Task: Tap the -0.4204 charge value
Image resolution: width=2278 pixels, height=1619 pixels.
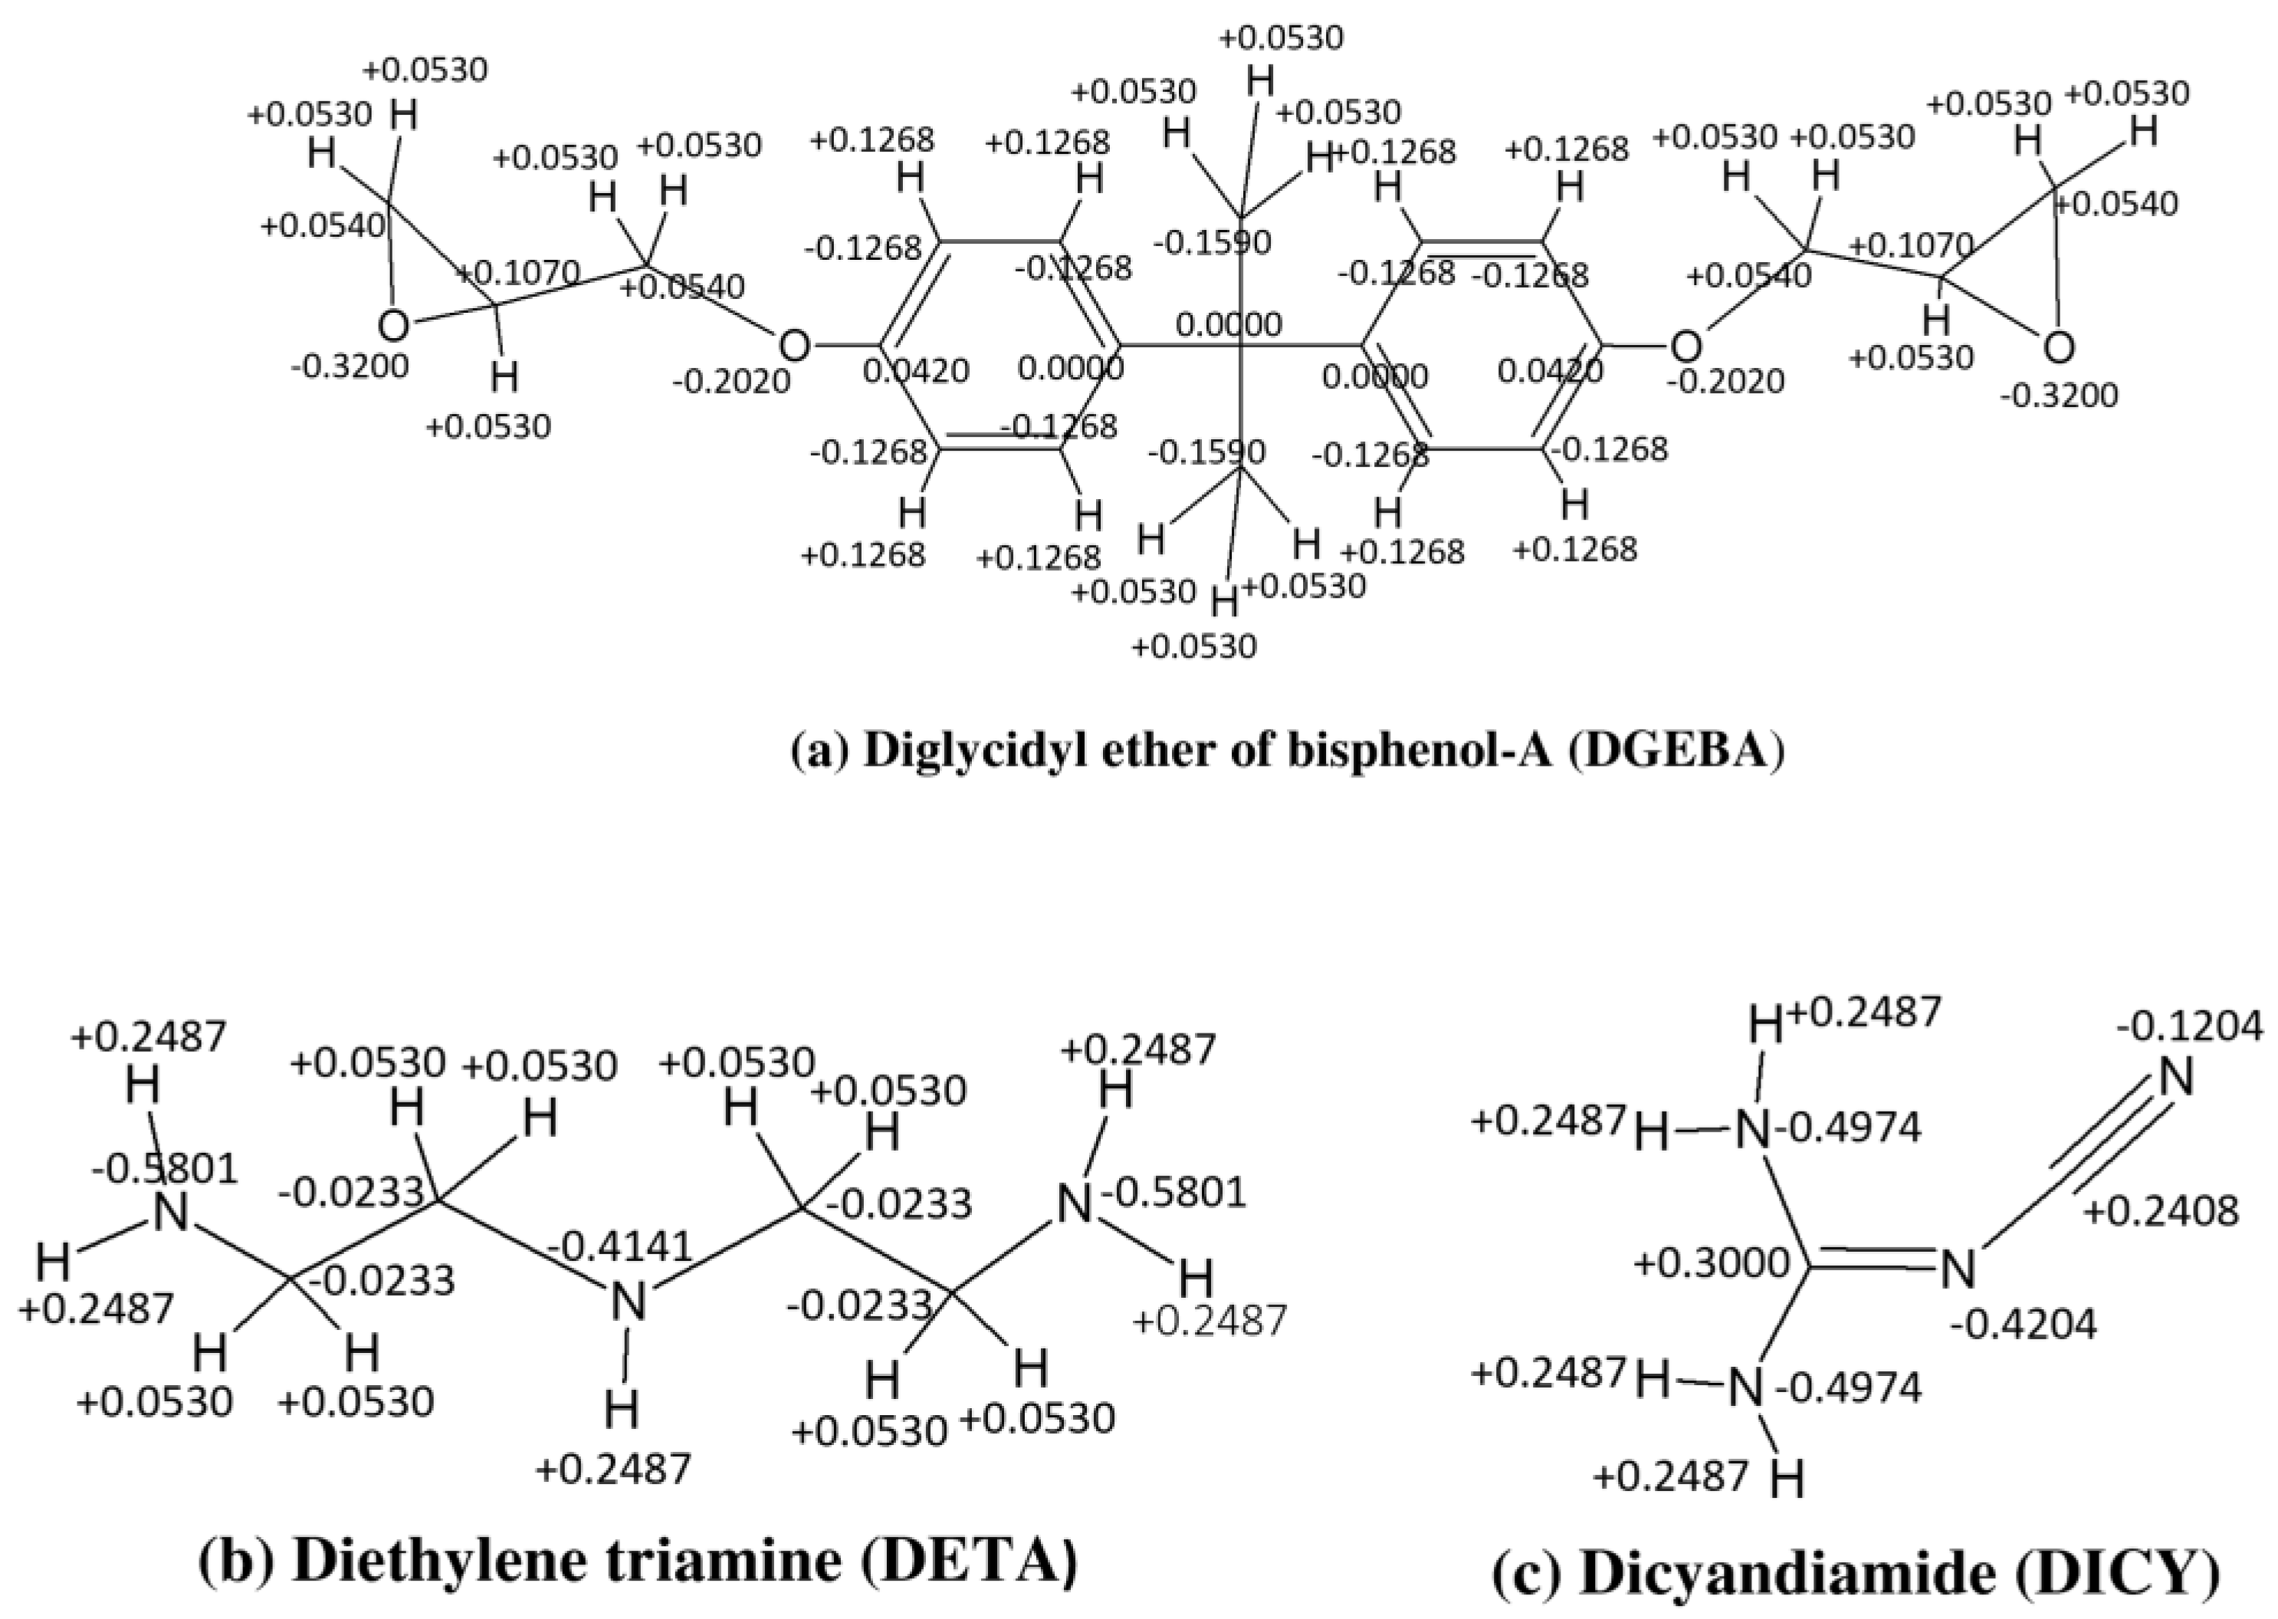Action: point(2024,1324)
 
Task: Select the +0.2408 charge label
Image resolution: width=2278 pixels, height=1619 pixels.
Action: point(2161,1211)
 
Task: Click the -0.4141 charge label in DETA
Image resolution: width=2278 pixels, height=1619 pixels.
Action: point(620,1246)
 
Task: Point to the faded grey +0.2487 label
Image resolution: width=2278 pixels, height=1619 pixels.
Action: point(1210,1321)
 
